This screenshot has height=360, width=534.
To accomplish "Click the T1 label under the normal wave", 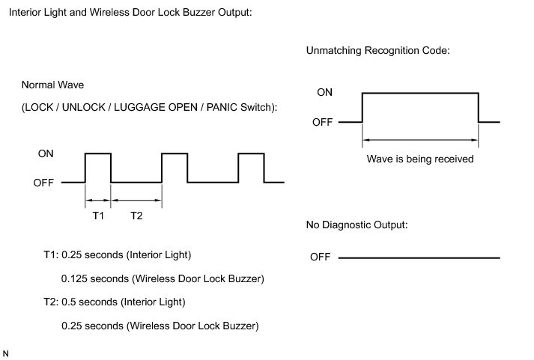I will [97, 216].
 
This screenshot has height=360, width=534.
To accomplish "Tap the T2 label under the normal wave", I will [136, 216].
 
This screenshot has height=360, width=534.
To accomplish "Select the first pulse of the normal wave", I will [98, 167].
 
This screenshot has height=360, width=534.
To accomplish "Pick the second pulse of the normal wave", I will [175, 167].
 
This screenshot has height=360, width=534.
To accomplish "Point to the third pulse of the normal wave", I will [251, 167].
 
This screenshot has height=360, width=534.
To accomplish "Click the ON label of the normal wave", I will [45, 153].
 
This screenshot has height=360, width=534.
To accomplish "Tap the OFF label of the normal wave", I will [43, 182].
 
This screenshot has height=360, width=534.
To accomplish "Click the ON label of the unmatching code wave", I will [324, 93].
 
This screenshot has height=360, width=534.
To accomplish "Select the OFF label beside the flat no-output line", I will [320, 257].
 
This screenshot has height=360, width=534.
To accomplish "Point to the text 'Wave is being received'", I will [420, 159].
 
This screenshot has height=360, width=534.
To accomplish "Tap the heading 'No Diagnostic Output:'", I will [356, 225].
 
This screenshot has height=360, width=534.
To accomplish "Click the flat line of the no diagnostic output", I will [419, 258].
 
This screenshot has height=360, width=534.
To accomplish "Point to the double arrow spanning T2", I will [136, 200].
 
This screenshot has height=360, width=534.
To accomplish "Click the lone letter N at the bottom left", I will [7, 352].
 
